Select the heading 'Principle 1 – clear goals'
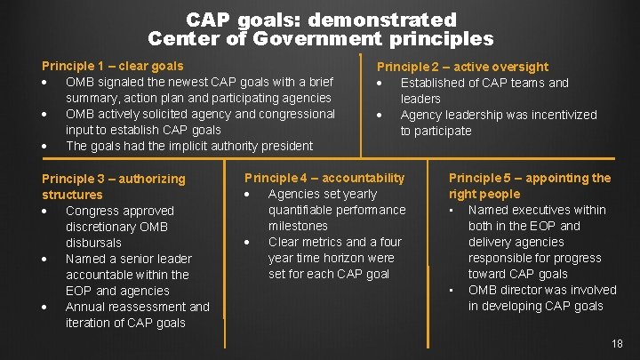tap(113, 66)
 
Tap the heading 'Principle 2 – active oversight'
tap(462, 67)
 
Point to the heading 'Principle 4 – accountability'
tap(324, 178)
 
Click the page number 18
tap(618, 344)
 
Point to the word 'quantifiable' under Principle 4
tap(304, 210)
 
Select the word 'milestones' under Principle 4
tap(298, 226)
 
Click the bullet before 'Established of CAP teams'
tap(380, 83)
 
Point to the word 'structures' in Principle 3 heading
tap(72, 195)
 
